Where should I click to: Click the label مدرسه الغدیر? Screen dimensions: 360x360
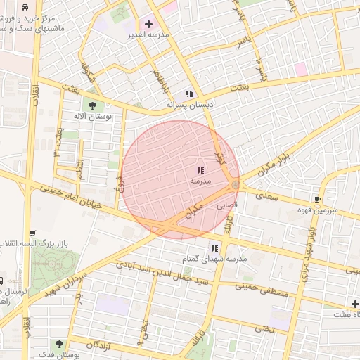pyautogui.click(x=146, y=34)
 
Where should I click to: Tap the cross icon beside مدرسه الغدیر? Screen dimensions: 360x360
pyautogui.click(x=148, y=24)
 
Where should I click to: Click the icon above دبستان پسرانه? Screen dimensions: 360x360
pyautogui.click(x=188, y=94)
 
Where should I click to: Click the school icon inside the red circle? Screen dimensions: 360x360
pyautogui.click(x=200, y=170)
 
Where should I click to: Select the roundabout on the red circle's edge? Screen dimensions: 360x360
pyautogui.click(x=235, y=185)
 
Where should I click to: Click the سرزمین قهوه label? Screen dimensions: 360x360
pyautogui.click(x=318, y=210)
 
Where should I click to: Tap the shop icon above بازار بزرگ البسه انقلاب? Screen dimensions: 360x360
pyautogui.click(x=32, y=233)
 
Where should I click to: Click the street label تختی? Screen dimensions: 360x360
pyautogui.click(x=264, y=328)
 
